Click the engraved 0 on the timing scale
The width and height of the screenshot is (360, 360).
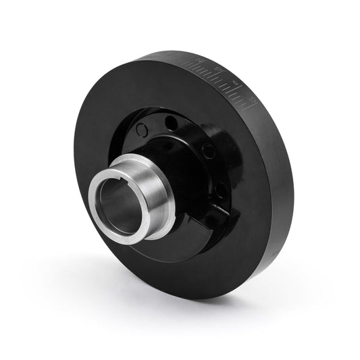point(236,82)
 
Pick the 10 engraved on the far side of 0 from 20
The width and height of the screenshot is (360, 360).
point(251,99)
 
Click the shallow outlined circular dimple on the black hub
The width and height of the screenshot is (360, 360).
point(141,130)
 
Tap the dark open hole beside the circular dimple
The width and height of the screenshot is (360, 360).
point(172,124)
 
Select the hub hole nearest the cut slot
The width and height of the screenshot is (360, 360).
point(220,191)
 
